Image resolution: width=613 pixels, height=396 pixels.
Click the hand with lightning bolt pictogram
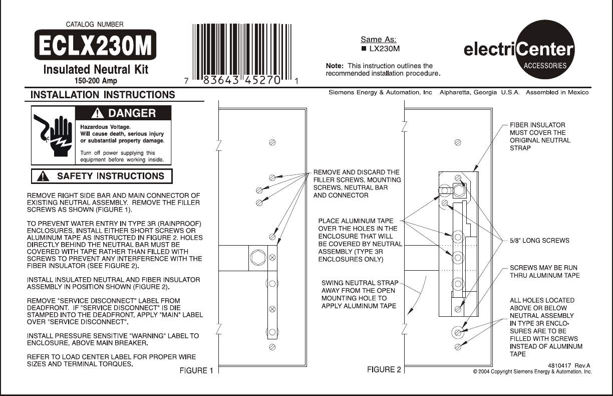[x=53, y=134]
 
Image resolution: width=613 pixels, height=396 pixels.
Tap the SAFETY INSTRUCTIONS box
[x=102, y=176]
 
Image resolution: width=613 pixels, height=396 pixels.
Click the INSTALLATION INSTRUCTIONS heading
[x=103, y=95]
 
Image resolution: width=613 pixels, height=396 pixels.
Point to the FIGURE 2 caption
[x=384, y=370]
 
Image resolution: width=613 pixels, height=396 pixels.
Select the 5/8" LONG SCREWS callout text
[x=539, y=241]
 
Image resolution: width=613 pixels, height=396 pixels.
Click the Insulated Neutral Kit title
[x=95, y=69]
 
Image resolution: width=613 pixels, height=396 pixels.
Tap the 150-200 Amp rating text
[x=95, y=80]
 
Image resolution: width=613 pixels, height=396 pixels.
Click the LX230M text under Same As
[x=384, y=49]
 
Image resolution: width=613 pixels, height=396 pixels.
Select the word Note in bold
[x=335, y=66]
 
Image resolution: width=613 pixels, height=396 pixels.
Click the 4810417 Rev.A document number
[x=570, y=365]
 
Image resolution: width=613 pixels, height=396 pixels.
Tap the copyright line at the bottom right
[x=532, y=372]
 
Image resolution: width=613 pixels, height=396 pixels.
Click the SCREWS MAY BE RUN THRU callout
[x=544, y=272]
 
